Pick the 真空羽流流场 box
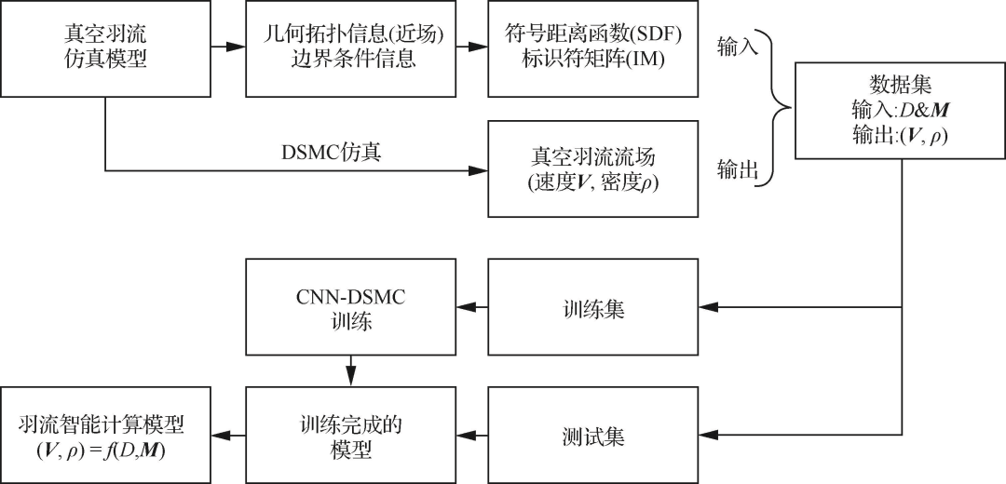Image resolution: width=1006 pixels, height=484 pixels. [592, 170]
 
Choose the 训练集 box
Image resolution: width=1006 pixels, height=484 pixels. [592, 307]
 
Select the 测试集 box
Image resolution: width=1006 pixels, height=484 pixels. [592, 435]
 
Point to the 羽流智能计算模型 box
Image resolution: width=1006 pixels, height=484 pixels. [105, 435]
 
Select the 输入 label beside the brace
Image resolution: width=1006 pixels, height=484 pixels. [739, 46]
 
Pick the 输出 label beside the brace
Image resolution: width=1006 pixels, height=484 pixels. [739, 170]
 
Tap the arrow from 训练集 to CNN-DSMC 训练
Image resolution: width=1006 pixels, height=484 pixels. [470, 307]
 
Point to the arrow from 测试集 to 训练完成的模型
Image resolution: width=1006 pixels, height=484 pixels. [470, 435]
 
